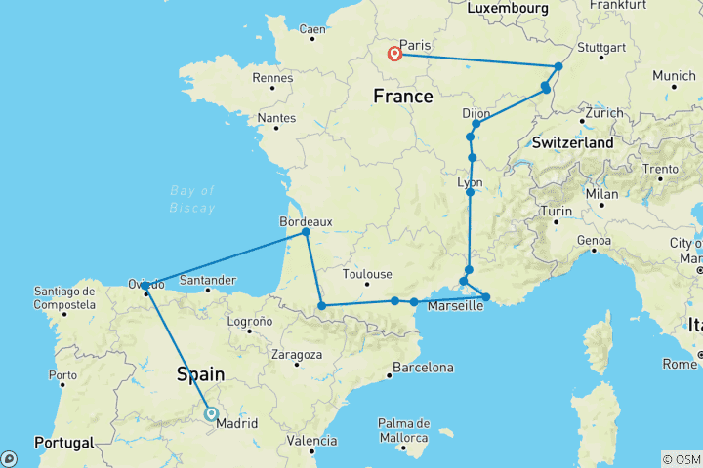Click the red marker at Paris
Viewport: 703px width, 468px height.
(x=394, y=55)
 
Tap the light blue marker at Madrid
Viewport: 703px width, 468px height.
(x=212, y=413)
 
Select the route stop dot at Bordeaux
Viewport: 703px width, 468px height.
(x=306, y=232)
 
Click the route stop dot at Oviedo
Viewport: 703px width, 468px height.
(x=145, y=286)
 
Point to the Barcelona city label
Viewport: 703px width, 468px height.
(x=422, y=368)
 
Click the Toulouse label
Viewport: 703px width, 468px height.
(x=367, y=274)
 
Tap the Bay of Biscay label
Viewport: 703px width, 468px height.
(x=191, y=198)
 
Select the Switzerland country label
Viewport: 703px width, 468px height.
(x=573, y=142)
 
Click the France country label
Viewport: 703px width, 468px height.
(x=402, y=97)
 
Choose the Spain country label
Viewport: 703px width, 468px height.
(x=200, y=374)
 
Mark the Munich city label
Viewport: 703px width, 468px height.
(x=675, y=75)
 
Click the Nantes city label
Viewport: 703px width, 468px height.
(x=277, y=118)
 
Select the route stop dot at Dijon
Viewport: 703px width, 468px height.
(x=476, y=124)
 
